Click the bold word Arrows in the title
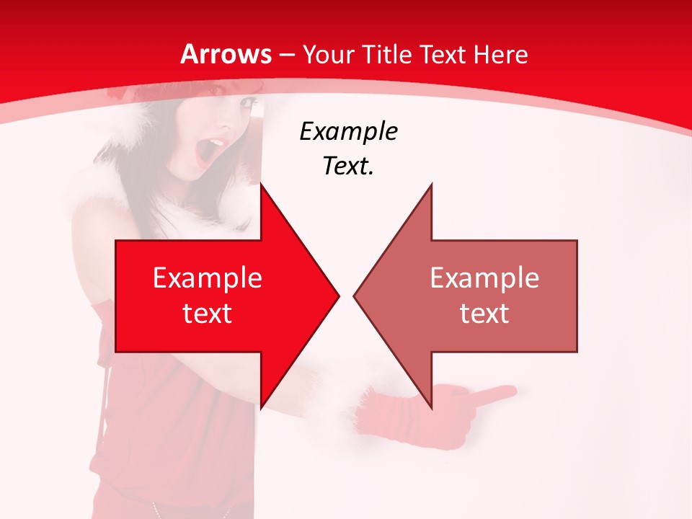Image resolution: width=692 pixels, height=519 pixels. pyautogui.click(x=226, y=54)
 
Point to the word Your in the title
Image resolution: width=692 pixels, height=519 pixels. pyautogui.click(x=328, y=54)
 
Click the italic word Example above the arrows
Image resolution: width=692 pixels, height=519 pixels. pyautogui.click(x=348, y=132)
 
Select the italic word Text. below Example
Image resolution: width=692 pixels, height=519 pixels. pyautogui.click(x=348, y=167)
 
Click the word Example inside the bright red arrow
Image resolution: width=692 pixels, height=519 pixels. pyautogui.click(x=208, y=278)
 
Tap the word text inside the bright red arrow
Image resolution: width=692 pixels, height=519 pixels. pyautogui.click(x=208, y=313)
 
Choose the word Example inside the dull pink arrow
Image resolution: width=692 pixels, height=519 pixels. pyautogui.click(x=484, y=278)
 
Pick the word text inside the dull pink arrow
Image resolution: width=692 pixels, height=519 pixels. pyautogui.click(x=484, y=313)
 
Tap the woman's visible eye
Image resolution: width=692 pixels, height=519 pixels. pyautogui.click(x=247, y=105)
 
